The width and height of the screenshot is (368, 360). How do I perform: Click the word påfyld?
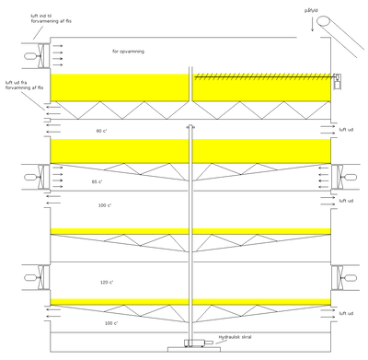311,10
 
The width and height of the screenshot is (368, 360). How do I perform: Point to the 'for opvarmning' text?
128,52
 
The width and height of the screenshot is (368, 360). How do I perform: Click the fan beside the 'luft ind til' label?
36,55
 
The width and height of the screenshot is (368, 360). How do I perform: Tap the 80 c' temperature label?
103,131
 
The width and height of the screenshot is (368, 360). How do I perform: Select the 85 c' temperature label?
97,181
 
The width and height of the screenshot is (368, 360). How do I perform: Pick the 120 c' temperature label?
107,283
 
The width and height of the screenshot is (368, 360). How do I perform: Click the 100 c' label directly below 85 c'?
104,205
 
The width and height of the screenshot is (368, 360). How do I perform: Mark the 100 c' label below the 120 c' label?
110,323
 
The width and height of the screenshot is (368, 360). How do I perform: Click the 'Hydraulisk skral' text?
235,337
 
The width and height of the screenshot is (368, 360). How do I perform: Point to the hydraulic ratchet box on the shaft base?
194,343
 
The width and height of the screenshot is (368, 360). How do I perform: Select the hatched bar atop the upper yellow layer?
262,76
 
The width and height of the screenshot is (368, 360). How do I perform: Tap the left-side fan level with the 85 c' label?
38,175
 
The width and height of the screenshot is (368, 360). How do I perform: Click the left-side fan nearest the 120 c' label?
38,276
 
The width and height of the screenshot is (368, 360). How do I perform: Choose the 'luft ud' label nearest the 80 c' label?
346,130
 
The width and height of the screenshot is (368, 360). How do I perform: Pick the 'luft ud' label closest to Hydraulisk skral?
346,314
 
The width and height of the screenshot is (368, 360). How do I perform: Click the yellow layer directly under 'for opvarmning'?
120,87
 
